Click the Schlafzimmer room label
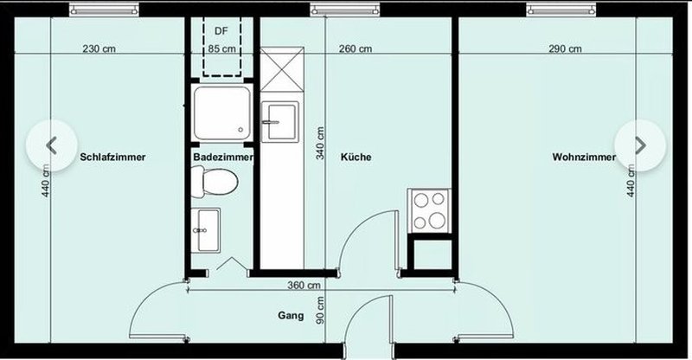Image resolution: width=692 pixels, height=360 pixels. pos(112,157)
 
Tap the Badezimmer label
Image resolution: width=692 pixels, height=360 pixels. pos(223,157)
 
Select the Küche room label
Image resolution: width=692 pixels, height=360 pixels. pos(356,157)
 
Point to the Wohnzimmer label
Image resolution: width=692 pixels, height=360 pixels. pos(584,157)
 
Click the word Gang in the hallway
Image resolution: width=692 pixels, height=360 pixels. pos(291,315)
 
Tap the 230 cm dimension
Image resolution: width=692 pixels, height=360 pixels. pos(99,48)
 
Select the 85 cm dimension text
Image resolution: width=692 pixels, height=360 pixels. pos(221,48)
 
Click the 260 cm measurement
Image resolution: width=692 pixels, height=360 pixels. pos(356,48)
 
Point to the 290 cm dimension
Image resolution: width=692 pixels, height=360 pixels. pos(565,48)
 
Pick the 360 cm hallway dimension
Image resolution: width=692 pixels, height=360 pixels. pos(304,286)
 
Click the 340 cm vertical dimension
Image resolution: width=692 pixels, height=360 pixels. pos(320,143)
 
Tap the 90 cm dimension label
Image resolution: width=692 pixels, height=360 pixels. pos(320,310)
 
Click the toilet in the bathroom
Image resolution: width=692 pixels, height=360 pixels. pos(215,182)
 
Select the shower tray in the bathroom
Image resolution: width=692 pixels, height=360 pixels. pos(222,112)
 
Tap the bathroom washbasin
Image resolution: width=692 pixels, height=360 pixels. pos(206,230)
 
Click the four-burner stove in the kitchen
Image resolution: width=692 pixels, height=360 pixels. pos(429,210)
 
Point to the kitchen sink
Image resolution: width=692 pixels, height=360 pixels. pos(279,122)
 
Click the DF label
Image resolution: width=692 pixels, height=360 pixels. pos(221,31)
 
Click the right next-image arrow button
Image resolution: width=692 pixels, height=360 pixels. pos(640,145)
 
